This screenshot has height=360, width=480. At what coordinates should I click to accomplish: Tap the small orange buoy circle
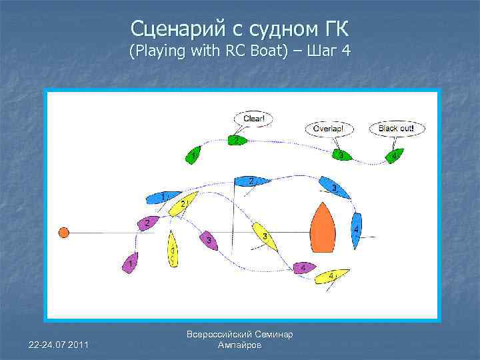[63, 232]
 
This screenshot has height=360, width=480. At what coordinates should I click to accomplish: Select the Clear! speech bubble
[254, 119]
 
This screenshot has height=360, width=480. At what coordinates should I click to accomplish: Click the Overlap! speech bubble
[333, 128]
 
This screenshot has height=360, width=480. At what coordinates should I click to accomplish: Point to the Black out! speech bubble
[396, 128]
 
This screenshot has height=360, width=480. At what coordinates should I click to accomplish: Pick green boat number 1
[193, 155]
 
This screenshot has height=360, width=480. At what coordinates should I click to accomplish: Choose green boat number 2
[237, 141]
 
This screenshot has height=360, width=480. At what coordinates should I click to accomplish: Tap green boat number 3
[341, 155]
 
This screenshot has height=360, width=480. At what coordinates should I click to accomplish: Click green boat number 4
[394, 155]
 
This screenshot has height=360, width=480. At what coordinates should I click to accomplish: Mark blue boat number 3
[335, 187]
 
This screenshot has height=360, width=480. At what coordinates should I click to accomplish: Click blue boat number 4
[357, 230]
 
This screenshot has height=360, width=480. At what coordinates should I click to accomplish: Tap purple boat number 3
[209, 240]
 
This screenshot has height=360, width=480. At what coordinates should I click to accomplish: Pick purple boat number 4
[304, 267]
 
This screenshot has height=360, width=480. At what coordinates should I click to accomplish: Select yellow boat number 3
[265, 236]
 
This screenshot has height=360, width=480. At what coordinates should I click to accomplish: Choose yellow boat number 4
[331, 275]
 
